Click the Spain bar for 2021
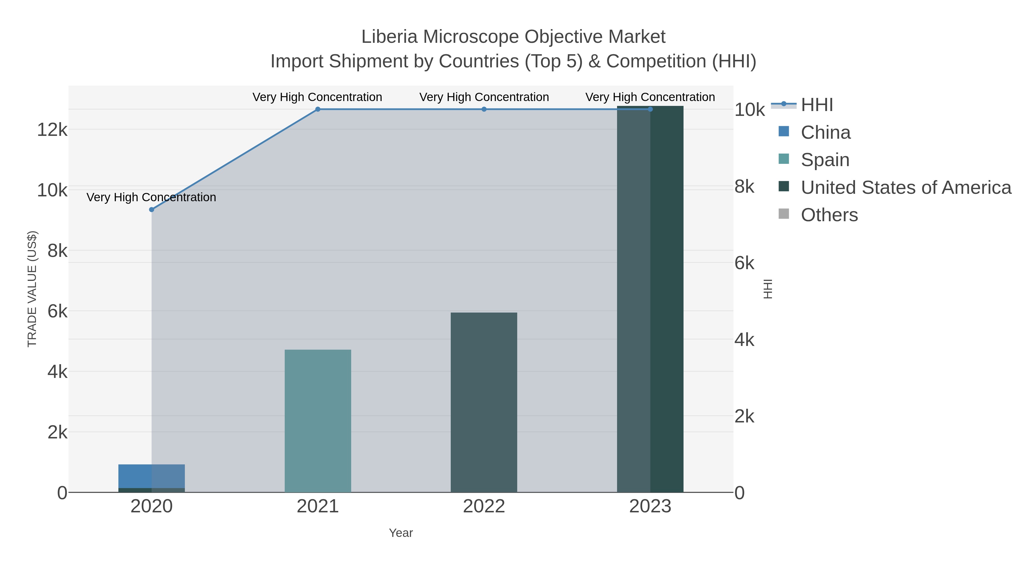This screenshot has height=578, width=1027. [x=318, y=421]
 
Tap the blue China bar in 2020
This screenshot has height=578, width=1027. [x=136, y=476]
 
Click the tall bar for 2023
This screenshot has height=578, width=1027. [x=650, y=299]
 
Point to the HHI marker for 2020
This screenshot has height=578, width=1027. [x=151, y=210]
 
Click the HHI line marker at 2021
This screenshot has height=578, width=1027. [x=318, y=109]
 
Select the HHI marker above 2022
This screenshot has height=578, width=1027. [x=484, y=109]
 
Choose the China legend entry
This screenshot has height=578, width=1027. [x=825, y=132]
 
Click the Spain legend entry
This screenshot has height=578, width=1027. [x=824, y=160]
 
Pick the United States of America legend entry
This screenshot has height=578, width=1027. [x=905, y=188]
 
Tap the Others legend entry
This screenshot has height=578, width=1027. [x=828, y=215]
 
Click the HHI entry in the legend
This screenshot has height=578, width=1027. [x=816, y=105]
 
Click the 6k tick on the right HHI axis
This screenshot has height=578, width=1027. [x=744, y=263]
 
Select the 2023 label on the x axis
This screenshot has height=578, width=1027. [x=650, y=507]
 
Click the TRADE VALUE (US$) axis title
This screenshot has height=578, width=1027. [x=32, y=289]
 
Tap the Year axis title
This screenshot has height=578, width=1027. [x=401, y=533]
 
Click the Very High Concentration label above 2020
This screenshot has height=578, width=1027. [x=151, y=198]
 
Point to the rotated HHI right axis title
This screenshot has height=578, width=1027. [x=767, y=289]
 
